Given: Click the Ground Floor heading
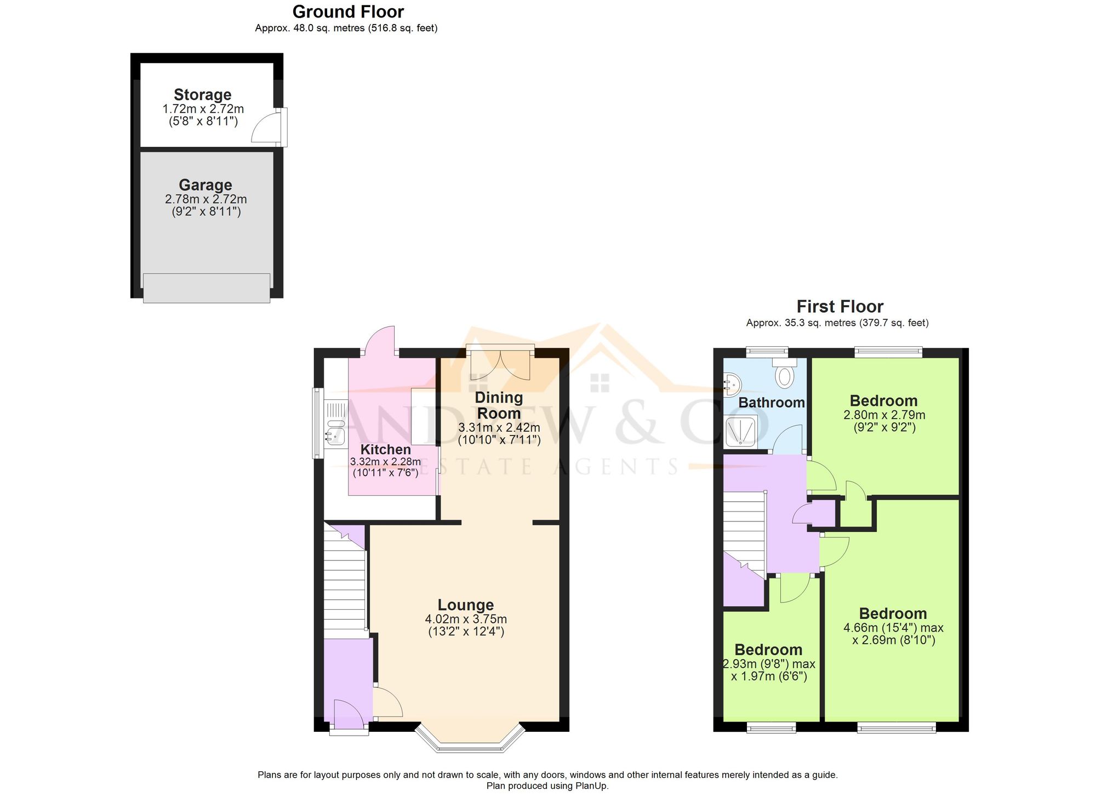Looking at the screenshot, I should (348, 12).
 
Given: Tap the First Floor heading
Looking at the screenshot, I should (840, 306).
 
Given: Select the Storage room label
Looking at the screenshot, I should (202, 94).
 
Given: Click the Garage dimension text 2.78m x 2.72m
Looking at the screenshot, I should (206, 199).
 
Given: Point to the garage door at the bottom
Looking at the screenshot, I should (207, 288).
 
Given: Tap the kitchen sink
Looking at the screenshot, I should (335, 430).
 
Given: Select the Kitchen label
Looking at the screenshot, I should (385, 449).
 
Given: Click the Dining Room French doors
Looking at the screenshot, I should (500, 364).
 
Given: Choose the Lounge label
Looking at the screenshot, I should (465, 605).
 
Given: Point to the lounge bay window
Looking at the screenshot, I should (469, 742).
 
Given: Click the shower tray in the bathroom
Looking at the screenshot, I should (741, 431).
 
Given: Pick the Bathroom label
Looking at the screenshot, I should (772, 403).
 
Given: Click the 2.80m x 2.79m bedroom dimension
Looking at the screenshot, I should (884, 415).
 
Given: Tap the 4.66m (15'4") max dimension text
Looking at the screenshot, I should (893, 628).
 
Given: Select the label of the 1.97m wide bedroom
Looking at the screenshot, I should (768, 650).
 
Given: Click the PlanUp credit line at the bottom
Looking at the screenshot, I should (547, 785).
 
